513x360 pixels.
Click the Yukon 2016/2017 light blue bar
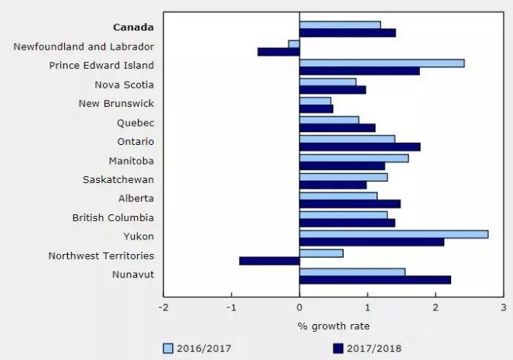pos(393,234)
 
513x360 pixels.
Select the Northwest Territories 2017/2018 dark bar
pos(269,261)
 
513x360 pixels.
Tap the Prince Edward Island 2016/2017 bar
pos(381,63)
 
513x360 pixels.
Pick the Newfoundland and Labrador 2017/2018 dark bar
pos(278,52)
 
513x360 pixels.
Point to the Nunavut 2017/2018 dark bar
pos(375,280)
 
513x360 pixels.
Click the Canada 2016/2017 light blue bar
pos(340,24)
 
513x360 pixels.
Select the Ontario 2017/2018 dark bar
pos(360,147)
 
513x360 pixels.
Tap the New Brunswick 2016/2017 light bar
pos(315,101)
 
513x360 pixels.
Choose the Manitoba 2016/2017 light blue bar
pos(354,158)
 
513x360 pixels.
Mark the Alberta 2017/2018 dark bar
pos(350,204)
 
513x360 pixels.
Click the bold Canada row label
pos(134,28)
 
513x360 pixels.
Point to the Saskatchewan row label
pos(118,180)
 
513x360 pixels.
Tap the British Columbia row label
pos(113,218)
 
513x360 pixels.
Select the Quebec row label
pos(136,123)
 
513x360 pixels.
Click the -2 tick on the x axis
pos(163,307)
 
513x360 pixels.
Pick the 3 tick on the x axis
pos(503,307)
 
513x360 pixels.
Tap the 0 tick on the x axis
pos(300,307)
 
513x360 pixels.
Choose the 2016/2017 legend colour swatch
pos(168,349)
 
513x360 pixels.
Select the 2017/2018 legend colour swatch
pos(337,349)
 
